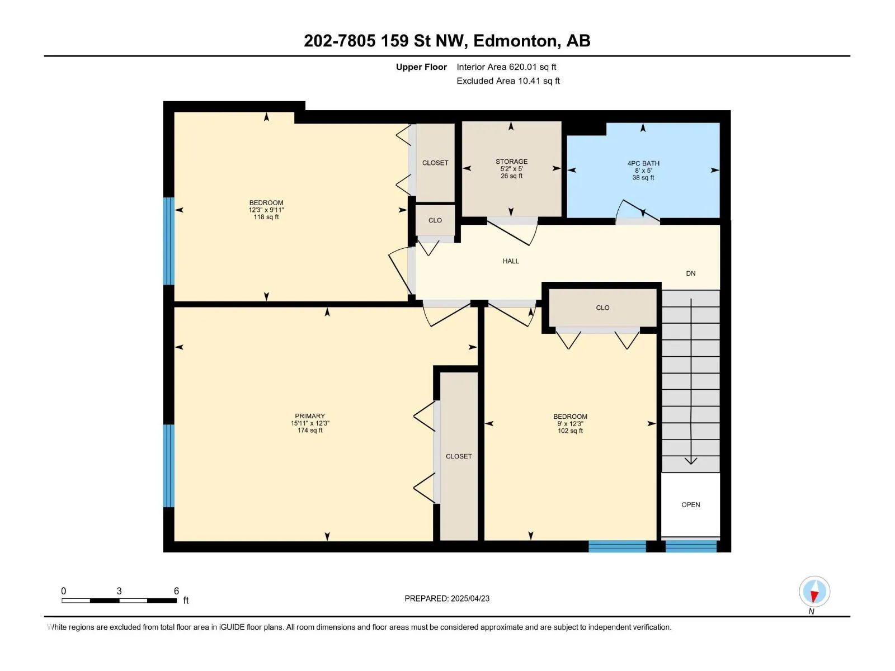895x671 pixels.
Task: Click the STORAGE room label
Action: pyautogui.click(x=511, y=162)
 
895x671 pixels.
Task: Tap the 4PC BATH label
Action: pyautogui.click(x=643, y=163)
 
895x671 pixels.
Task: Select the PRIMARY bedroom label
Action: pyautogui.click(x=310, y=416)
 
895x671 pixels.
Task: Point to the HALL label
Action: pyautogui.click(x=511, y=261)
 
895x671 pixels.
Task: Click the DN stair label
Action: pyautogui.click(x=690, y=273)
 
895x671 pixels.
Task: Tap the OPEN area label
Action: pyautogui.click(x=690, y=504)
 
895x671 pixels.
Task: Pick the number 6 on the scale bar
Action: pyautogui.click(x=176, y=590)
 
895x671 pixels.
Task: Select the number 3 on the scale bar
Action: pyautogui.click(x=119, y=590)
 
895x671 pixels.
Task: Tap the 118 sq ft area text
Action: pyautogui.click(x=266, y=217)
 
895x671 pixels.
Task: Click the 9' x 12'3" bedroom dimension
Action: pyautogui.click(x=570, y=424)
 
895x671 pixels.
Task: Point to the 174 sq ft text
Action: pyautogui.click(x=310, y=430)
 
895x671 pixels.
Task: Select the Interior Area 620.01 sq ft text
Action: pyautogui.click(x=506, y=67)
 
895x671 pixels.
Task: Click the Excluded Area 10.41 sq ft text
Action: pyautogui.click(x=508, y=81)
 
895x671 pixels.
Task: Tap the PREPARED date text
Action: pyautogui.click(x=447, y=598)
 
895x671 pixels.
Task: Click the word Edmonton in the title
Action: pyautogui.click(x=515, y=41)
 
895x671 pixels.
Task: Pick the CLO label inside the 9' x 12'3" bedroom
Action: pyautogui.click(x=602, y=308)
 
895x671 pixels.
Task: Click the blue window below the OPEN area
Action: pyautogui.click(x=690, y=546)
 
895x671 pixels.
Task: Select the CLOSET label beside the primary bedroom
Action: pyautogui.click(x=459, y=456)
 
